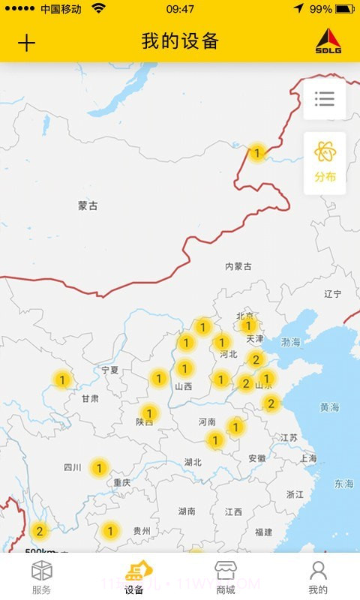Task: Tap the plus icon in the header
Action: [x=26, y=43]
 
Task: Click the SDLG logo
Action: [x=328, y=41]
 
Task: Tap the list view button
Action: [x=325, y=99]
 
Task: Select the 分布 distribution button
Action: [x=325, y=163]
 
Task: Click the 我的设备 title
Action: [x=180, y=41]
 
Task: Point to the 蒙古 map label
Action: [x=88, y=205]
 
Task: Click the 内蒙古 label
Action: [x=238, y=266]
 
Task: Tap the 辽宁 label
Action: [x=333, y=294]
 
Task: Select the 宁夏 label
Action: [x=110, y=370]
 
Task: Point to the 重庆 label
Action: [x=122, y=483]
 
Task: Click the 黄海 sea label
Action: [x=330, y=407]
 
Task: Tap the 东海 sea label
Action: [x=344, y=484]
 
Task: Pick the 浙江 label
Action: [x=295, y=495]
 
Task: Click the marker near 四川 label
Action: [x=98, y=469]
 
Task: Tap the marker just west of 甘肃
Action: [x=62, y=379]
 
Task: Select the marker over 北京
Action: [x=248, y=325]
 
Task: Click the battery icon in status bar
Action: [x=345, y=9]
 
